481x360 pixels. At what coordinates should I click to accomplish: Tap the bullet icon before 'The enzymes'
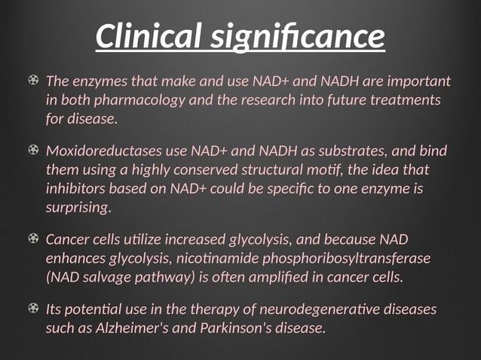[33, 80]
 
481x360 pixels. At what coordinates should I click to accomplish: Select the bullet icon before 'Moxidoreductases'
[33, 151]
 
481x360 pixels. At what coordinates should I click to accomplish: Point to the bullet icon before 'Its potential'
[33, 310]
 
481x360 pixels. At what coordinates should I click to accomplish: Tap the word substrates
[336, 151]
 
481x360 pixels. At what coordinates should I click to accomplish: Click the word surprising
[78, 206]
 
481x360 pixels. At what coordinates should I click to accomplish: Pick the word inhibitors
[74, 188]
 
